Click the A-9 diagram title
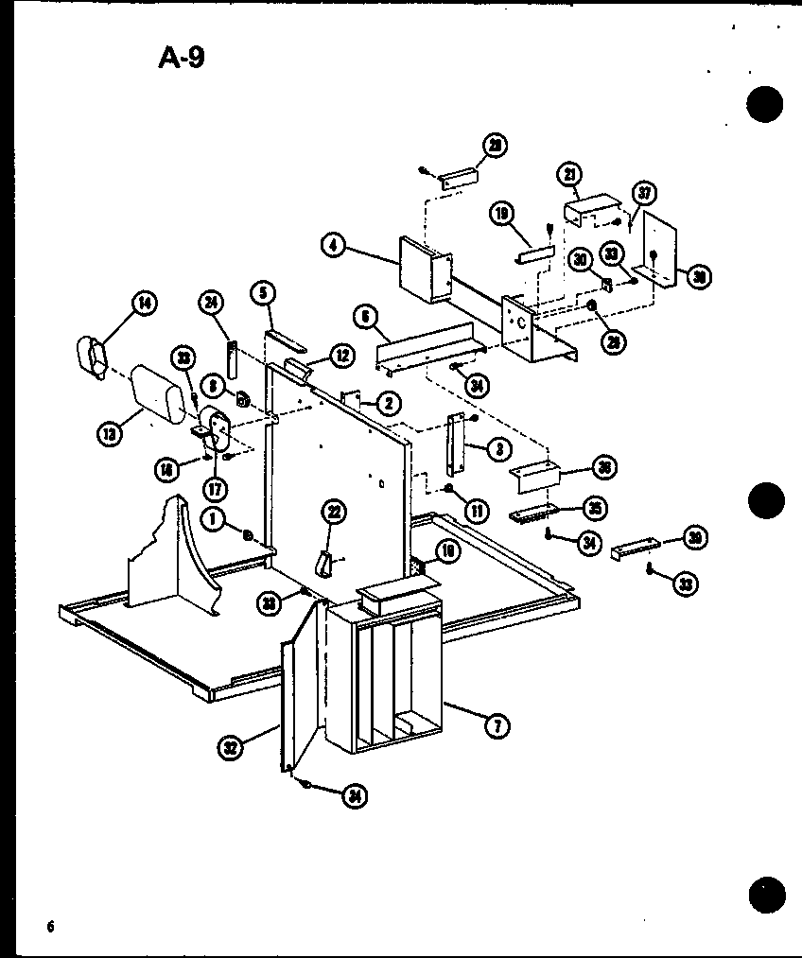tap(181, 60)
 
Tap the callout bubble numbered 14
tap(145, 304)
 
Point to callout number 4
tap(332, 246)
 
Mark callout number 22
tap(334, 512)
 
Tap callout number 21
tap(569, 174)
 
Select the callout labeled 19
tap(501, 213)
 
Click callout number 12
tap(342, 357)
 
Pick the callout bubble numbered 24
tap(212, 303)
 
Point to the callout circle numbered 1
tap(216, 519)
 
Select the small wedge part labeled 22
tap(325, 563)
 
